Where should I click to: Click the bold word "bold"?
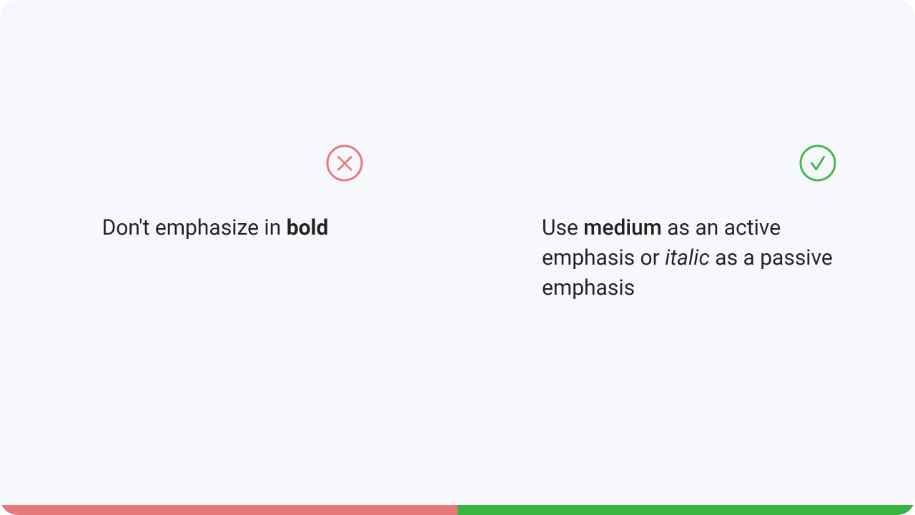(307, 227)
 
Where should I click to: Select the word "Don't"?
(126, 227)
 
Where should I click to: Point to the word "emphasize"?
(207, 228)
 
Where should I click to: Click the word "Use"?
(560, 227)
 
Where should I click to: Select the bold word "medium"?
(623, 227)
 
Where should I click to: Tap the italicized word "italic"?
(687, 257)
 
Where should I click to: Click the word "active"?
(752, 227)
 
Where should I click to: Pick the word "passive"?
(796, 259)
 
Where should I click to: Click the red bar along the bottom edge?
(229, 510)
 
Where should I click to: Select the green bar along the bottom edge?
(686, 510)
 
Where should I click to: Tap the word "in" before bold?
(272, 227)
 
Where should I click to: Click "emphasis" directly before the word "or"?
(588, 259)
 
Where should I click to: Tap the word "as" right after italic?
(726, 260)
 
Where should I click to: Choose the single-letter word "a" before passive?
(748, 260)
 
